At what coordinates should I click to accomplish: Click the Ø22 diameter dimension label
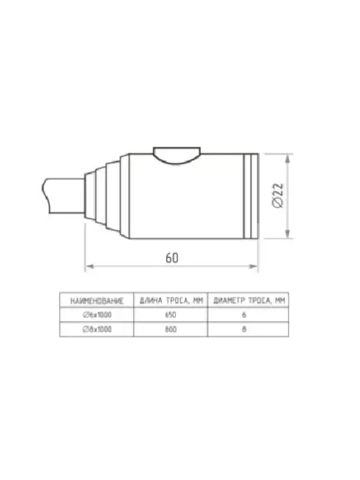(x=278, y=195)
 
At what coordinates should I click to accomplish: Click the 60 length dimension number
(x=172, y=257)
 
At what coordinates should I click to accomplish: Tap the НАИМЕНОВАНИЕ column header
(x=97, y=301)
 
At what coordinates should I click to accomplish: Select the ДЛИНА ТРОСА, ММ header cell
(x=171, y=301)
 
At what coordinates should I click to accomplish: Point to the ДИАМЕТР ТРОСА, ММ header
(x=249, y=301)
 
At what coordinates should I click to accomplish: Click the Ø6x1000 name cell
(x=97, y=315)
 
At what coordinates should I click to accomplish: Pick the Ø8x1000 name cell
(x=97, y=329)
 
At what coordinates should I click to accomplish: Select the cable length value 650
(x=170, y=315)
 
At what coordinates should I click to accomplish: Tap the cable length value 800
(x=170, y=329)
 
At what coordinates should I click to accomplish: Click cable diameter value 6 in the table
(x=244, y=315)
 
